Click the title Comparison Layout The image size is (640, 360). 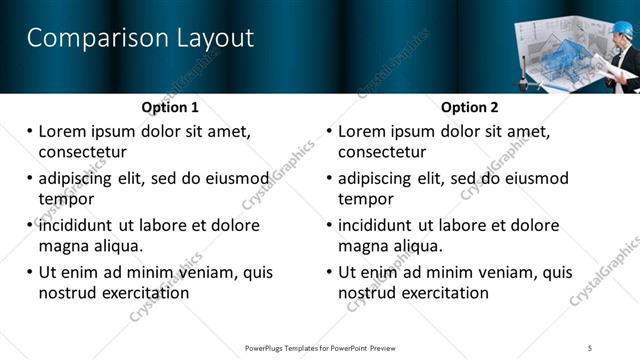pos(140,39)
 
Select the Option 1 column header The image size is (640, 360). pos(170,107)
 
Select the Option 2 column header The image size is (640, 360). pos(470,107)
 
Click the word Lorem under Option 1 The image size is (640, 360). pos(63,131)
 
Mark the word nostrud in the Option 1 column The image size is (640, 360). pos(66,293)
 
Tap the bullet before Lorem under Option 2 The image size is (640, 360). pos(329,132)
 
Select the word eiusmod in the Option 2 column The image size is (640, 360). pos(537,179)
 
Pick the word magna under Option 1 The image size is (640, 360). pos(64,246)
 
